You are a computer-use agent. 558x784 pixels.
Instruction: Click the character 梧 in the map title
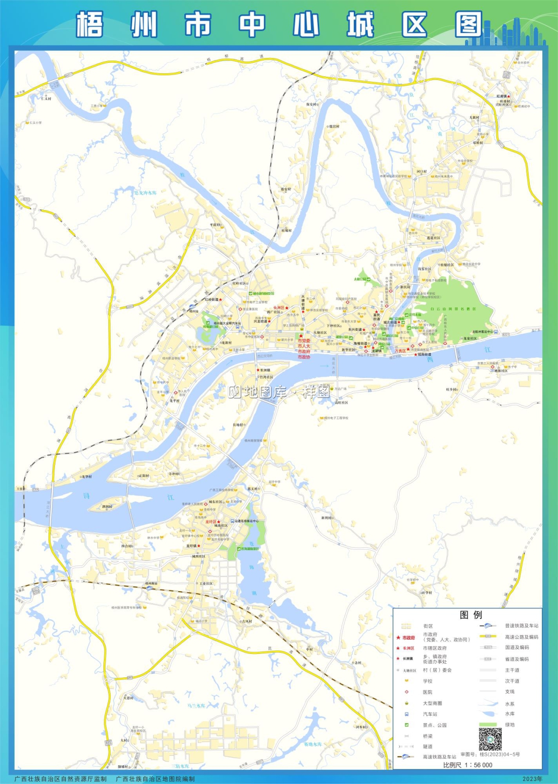89,25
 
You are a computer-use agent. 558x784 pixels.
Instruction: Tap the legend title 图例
470,615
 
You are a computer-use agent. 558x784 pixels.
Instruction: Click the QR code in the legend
490,739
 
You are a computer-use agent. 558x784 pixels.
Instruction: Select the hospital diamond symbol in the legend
406,692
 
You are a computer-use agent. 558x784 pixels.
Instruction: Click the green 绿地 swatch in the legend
487,724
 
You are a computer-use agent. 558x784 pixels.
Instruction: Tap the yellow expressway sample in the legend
487,637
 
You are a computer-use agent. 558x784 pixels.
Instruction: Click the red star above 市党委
300,336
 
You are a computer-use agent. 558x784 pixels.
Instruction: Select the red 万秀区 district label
400,351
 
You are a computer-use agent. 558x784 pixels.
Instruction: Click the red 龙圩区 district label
211,522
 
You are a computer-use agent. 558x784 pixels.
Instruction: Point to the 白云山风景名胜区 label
452,309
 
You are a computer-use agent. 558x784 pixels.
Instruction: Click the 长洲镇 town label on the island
265,370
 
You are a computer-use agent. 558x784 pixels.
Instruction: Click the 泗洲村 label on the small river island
107,506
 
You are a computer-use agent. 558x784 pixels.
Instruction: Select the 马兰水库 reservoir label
196,706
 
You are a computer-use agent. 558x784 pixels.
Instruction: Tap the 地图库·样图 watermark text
279,391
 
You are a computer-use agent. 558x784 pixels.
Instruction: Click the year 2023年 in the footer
532,779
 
